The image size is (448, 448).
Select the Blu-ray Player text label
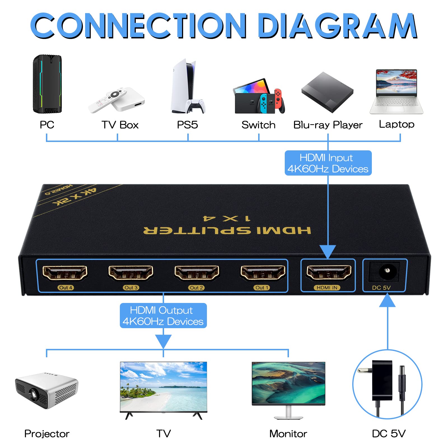coord(328,125)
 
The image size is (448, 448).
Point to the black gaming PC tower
coord(47,84)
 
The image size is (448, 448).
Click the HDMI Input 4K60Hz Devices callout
coord(328,163)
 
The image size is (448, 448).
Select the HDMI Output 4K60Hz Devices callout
coord(163,316)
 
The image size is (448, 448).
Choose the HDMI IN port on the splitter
coord(328,272)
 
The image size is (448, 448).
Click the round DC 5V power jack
coord(387,271)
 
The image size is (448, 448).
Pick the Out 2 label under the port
coord(196,288)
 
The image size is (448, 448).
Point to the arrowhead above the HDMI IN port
coord(328,251)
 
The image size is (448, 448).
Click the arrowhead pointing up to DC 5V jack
coord(387,300)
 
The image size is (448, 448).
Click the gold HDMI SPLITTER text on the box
coord(227,230)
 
